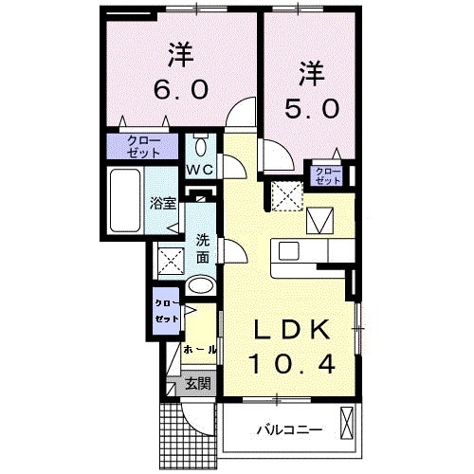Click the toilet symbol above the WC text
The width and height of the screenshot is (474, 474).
(x=200, y=147)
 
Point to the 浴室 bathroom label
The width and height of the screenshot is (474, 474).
(x=163, y=203)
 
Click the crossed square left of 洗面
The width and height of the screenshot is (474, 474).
(x=171, y=259)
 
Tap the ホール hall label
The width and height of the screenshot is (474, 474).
(x=199, y=350)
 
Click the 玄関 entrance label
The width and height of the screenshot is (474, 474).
(x=198, y=384)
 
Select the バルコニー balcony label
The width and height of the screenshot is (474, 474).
(x=289, y=429)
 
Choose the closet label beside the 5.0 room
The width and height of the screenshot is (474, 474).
(x=328, y=174)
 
